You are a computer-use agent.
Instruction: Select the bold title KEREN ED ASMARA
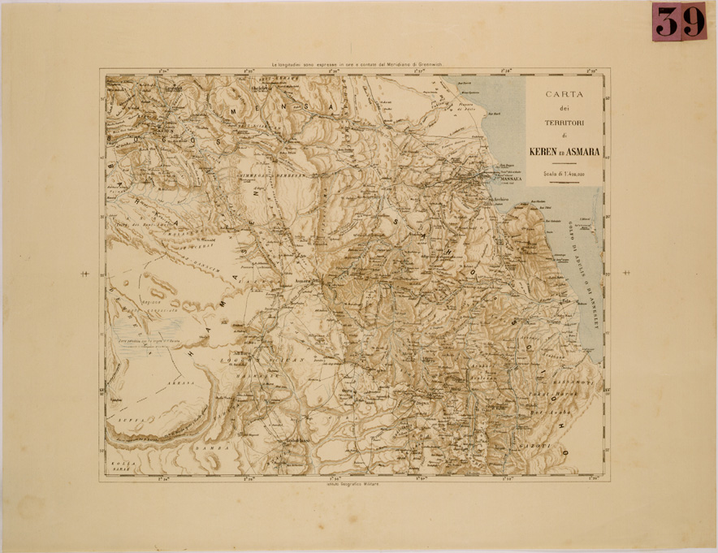tap(564, 152)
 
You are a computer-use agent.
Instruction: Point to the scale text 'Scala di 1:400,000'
tap(564, 175)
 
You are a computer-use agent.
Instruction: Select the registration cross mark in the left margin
tap(84, 274)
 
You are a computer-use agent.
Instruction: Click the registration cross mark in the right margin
tap(625, 274)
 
